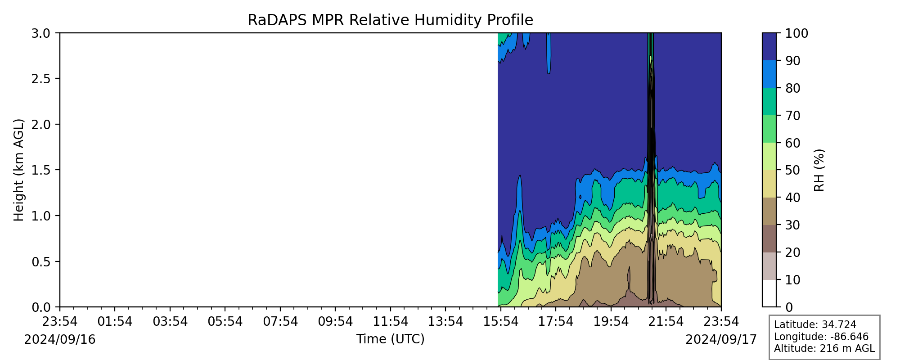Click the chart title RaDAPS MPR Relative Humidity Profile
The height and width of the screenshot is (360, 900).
pyautogui.click(x=390, y=20)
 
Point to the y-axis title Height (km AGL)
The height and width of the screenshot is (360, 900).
pyautogui.click(x=18, y=170)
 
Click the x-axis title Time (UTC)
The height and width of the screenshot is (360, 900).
pyautogui.click(x=390, y=339)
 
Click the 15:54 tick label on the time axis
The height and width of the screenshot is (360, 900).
pyautogui.click(x=501, y=321)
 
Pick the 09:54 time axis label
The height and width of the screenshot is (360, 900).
pyautogui.click(x=335, y=321)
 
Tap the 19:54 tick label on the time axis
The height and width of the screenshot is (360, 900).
pyautogui.click(x=611, y=321)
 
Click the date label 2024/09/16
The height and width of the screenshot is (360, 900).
pyautogui.click(x=60, y=339)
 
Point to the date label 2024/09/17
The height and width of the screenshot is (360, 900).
pyautogui.click(x=721, y=339)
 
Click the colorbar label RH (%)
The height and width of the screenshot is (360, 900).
pyautogui.click(x=820, y=170)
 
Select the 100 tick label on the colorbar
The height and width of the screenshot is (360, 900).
pyautogui.click(x=796, y=33)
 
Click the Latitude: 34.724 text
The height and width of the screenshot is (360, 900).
pyautogui.click(x=815, y=325)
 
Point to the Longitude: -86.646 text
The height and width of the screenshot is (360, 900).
pyautogui.click(x=821, y=337)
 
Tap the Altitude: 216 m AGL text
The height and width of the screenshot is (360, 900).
pyautogui.click(x=824, y=348)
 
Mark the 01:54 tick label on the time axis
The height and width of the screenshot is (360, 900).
pyautogui.click(x=115, y=321)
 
